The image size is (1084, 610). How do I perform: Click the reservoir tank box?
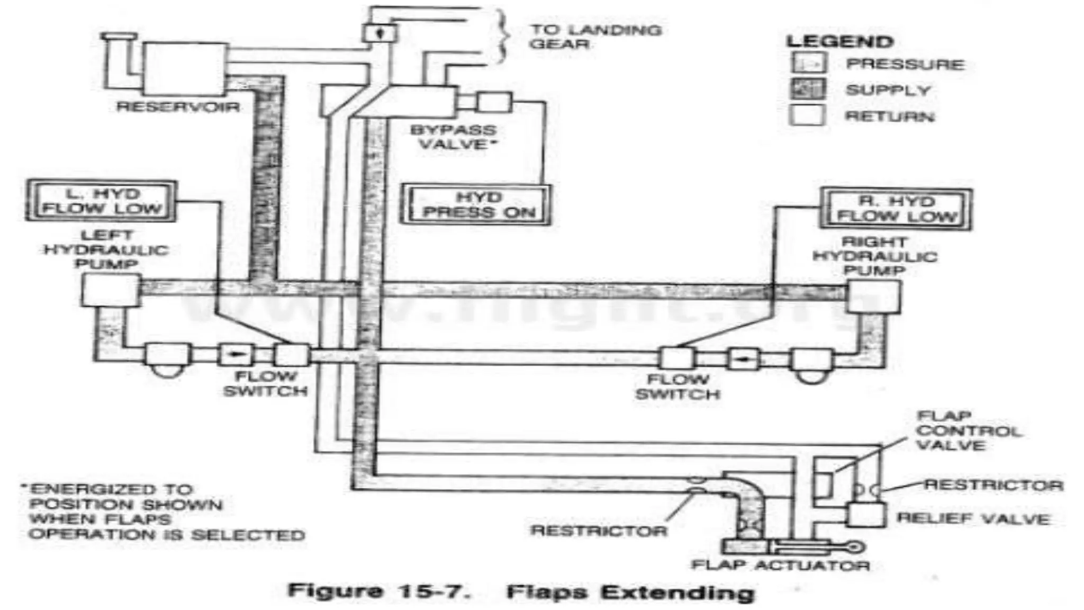183,69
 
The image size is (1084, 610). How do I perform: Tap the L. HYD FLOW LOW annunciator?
101,201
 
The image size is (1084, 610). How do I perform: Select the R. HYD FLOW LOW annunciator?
896,209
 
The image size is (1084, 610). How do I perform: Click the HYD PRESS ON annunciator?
475,205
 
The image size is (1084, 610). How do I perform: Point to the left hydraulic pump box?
111,290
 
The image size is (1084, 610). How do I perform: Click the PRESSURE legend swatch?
808,64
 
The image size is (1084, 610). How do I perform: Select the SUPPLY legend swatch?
808,89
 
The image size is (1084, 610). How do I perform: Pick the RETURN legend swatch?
808,115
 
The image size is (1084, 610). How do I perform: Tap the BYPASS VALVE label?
454,137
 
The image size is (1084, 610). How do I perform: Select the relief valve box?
866,514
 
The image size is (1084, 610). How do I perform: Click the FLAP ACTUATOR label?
780,565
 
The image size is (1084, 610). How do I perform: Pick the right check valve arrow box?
743,360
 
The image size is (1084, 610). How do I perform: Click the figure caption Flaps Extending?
629,592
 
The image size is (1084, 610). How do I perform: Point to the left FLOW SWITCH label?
265,384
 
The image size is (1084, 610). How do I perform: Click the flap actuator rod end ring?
855,547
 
